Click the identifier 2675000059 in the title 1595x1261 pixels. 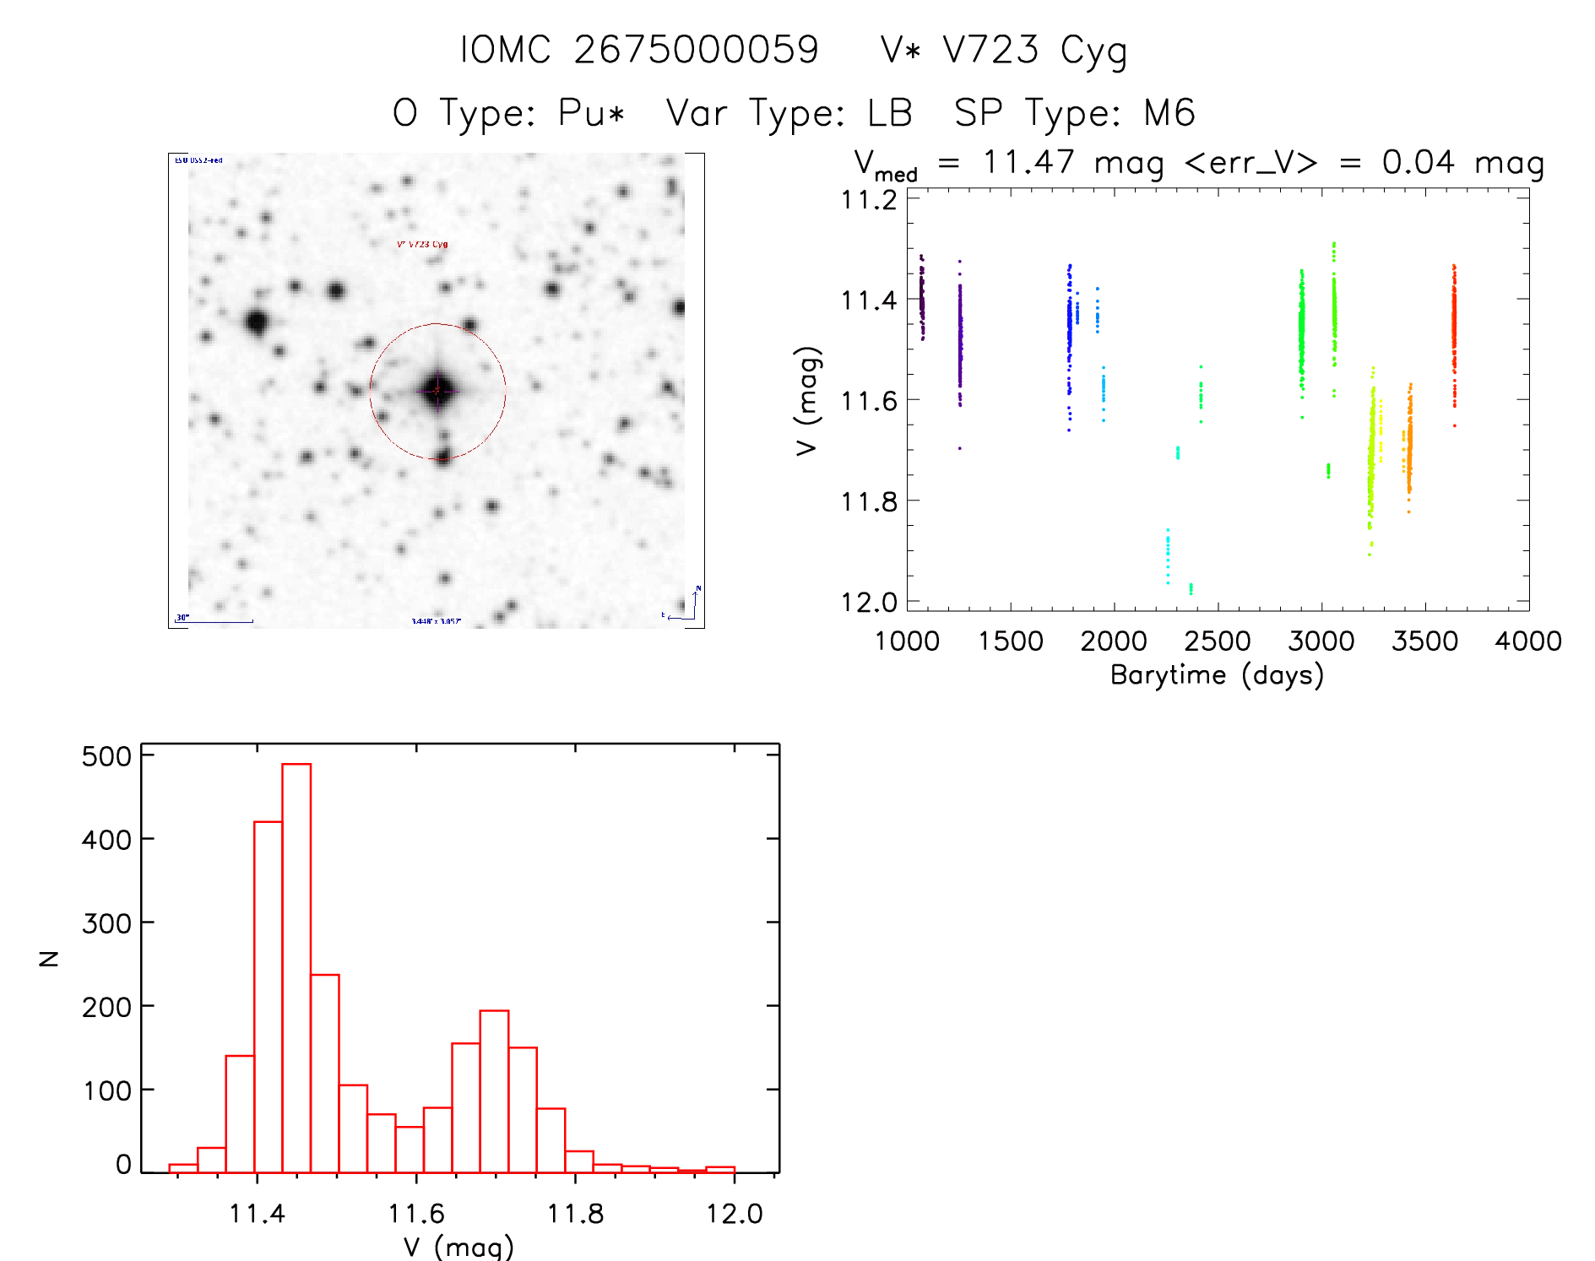coord(696,50)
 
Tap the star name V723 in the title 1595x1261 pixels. coord(990,50)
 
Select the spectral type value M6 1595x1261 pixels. coord(1169,113)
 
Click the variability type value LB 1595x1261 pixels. coord(890,113)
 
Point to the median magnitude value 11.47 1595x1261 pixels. coord(1028,162)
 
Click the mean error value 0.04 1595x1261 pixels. coord(1418,162)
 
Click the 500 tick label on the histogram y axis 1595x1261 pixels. coord(106,756)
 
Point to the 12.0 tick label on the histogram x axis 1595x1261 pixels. coord(734,1214)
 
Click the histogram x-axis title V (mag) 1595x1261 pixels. coord(458,1247)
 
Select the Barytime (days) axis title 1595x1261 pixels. coord(1217,675)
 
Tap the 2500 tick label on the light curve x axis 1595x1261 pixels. coord(1217,641)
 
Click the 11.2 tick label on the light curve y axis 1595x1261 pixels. coord(869,200)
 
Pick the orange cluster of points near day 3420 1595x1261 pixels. coord(1408,447)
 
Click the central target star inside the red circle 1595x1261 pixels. coord(437,391)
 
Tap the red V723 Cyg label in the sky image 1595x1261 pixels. coord(422,245)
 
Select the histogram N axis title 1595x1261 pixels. coord(49,958)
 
